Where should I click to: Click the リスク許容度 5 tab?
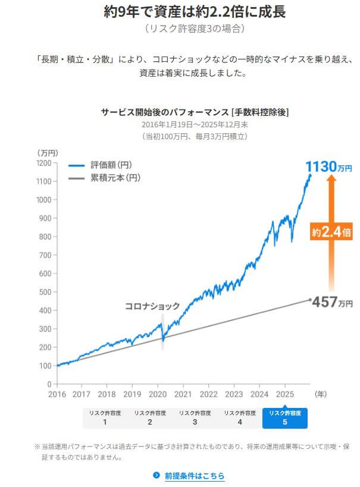284,417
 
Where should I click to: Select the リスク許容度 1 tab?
105,417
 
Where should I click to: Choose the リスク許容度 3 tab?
195,417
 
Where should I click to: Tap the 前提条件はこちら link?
194,475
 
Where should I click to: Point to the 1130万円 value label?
328,166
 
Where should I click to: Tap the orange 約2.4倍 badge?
331,231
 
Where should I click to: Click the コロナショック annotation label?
152,306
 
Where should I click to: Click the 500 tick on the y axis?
46,292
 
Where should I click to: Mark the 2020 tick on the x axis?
158,394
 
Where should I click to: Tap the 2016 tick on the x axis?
57,394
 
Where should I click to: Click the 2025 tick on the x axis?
284,394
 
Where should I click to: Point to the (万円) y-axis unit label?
47,153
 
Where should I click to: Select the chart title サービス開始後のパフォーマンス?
195,112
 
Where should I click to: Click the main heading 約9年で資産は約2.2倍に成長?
194,12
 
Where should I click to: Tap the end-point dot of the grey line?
309,300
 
